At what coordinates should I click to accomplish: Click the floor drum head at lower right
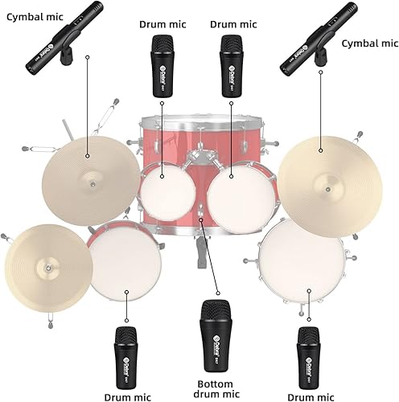300,261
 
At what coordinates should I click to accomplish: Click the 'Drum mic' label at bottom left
126,393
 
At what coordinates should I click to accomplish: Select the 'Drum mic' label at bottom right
309,393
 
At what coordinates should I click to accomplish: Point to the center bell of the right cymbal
321,149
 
